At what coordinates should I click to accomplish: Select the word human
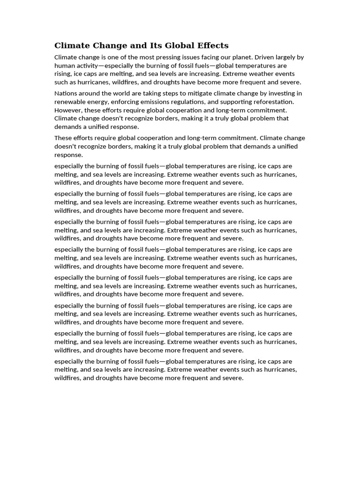pos(64,66)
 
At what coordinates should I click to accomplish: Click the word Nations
pos(67,93)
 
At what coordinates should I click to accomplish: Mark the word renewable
pos(71,102)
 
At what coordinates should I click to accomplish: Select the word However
pos(68,110)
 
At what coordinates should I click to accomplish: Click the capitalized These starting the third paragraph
pos(63,138)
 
